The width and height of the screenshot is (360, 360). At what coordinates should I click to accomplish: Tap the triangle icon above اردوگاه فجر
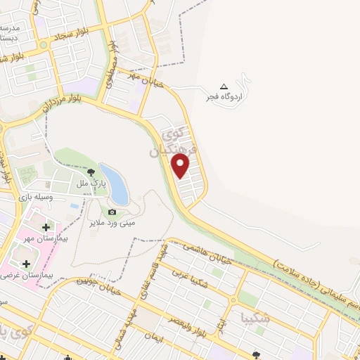coord(224,86)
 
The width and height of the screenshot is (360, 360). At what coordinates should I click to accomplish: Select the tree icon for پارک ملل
coord(90,172)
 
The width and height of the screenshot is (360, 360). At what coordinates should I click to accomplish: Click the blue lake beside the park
coord(115,184)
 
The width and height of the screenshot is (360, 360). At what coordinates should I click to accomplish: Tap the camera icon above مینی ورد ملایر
coord(112,212)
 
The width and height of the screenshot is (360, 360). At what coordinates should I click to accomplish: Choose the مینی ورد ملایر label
coord(112,222)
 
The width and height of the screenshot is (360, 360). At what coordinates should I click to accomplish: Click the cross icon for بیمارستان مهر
coord(46,227)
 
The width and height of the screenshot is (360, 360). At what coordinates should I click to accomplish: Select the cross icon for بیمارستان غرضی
coord(26,264)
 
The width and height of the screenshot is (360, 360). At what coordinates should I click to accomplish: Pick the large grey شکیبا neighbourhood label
coord(254,316)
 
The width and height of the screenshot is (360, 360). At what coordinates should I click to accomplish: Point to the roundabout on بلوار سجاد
coord(44,44)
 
